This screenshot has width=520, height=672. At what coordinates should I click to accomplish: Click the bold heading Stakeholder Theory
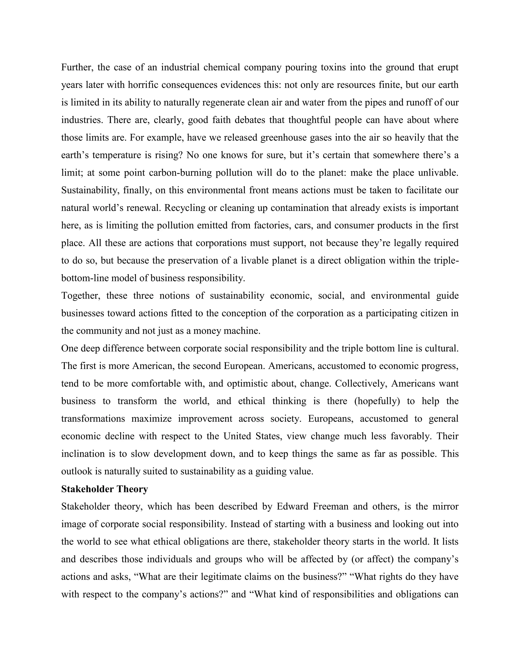coord(104,489)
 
